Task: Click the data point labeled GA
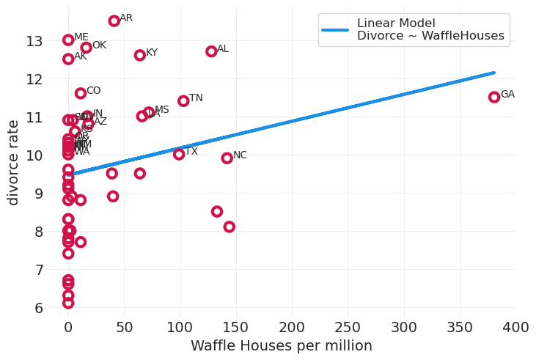[494, 97]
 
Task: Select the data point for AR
[114, 21]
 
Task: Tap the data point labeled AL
[211, 51]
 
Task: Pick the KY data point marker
[140, 55]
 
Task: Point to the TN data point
[183, 100]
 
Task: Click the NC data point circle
[227, 158]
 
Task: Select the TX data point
[179, 154]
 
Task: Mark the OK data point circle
[87, 48]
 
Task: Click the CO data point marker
[81, 93]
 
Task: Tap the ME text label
[81, 37]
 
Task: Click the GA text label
[507, 95]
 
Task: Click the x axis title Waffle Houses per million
[282, 346]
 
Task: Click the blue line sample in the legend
[334, 29]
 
